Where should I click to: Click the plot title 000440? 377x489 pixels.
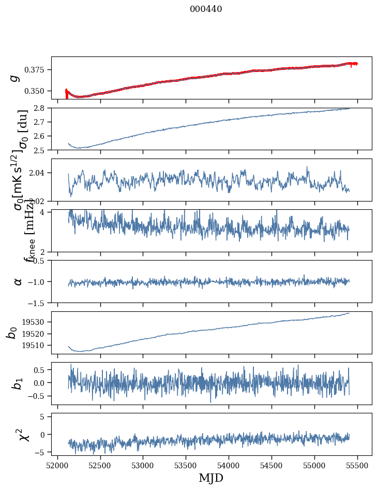[x=206, y=9]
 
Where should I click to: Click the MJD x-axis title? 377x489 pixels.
[x=211, y=478]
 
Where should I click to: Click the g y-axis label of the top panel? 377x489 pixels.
[x=16, y=77]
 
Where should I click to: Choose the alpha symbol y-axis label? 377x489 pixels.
[x=18, y=281]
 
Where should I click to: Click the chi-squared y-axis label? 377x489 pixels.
[x=24, y=435]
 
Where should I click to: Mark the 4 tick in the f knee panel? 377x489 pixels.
[x=45, y=212]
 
